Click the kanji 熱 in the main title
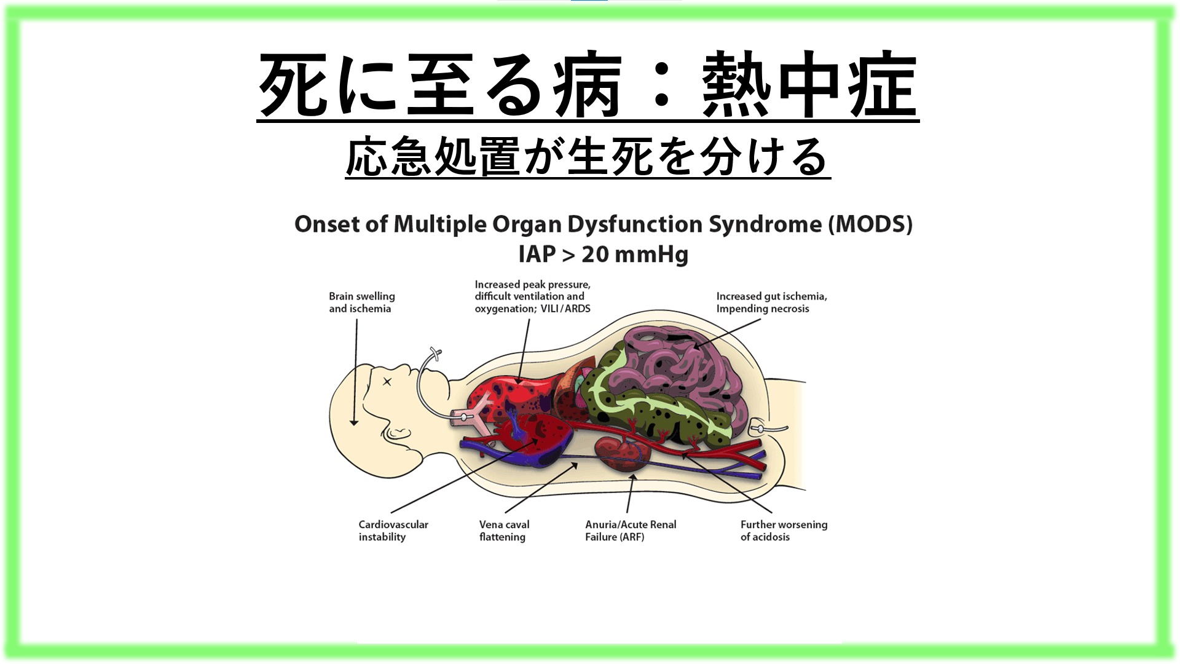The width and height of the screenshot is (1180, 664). (736, 85)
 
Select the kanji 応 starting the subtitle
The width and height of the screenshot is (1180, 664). (368, 157)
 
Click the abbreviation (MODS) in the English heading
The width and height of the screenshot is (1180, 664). (870, 224)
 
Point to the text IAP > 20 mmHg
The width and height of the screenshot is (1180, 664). (603, 255)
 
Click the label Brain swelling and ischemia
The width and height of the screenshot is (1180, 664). (361, 302)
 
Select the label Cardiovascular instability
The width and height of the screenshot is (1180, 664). (393, 531)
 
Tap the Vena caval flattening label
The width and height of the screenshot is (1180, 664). (504, 531)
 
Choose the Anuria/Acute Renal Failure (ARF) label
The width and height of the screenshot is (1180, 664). (630, 531)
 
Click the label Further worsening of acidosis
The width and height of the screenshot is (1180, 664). (784, 531)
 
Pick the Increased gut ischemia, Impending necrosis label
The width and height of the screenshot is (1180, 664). (771, 302)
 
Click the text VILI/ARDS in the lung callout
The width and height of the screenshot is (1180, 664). (565, 309)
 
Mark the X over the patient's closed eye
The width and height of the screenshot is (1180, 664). (387, 382)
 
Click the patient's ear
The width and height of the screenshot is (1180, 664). (398, 433)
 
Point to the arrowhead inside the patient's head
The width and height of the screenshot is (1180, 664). (354, 422)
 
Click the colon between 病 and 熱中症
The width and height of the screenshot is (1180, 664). (661, 85)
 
